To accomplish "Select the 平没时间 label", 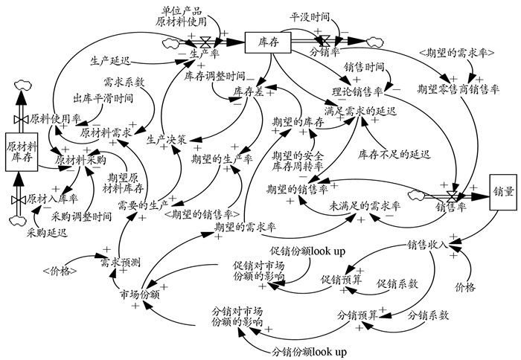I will click(310, 14).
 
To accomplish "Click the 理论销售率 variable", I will click(357, 91).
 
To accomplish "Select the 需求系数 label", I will click(124, 81).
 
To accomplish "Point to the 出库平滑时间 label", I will click(103, 98).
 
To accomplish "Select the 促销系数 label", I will click(397, 283).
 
